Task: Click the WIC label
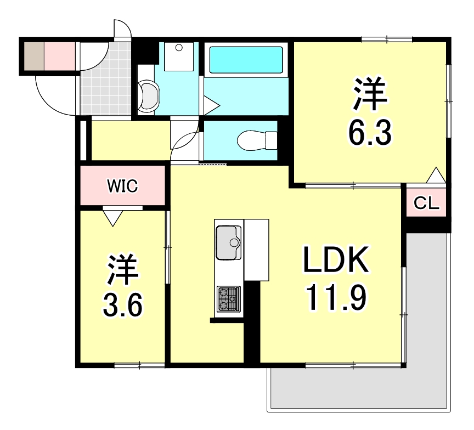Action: [x=122, y=186]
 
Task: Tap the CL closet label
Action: [x=426, y=204]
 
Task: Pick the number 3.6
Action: [x=123, y=305]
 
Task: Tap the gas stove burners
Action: [x=228, y=299]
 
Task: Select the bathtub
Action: [x=246, y=59]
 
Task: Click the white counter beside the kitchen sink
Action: [x=257, y=250]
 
